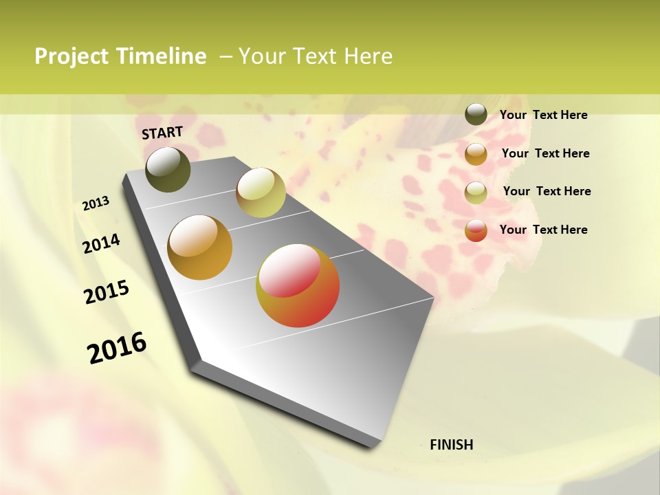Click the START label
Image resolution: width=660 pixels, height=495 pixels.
[162, 133]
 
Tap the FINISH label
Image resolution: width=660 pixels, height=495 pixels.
[452, 445]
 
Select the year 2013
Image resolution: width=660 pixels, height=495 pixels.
[96, 203]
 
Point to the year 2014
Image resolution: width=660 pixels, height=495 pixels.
[101, 243]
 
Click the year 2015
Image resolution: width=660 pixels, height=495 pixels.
[107, 292]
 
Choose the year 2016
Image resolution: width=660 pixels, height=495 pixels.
[117, 347]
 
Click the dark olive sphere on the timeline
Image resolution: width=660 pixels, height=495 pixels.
[168, 169]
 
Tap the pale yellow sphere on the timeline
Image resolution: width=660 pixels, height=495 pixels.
[261, 192]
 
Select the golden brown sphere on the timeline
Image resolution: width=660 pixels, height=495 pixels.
[200, 247]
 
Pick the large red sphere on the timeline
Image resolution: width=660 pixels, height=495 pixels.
[298, 285]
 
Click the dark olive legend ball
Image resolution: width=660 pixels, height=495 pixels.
[476, 114]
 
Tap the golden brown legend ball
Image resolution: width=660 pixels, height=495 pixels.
[476, 154]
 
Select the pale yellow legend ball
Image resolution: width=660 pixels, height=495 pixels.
[476, 192]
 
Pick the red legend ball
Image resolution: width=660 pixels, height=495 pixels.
[476, 230]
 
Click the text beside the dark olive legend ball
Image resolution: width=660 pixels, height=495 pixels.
[543, 115]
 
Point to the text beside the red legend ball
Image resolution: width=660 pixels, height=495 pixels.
[543, 230]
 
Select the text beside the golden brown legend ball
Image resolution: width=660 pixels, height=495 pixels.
[545, 153]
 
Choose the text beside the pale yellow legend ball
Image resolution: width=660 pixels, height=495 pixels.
[547, 191]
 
